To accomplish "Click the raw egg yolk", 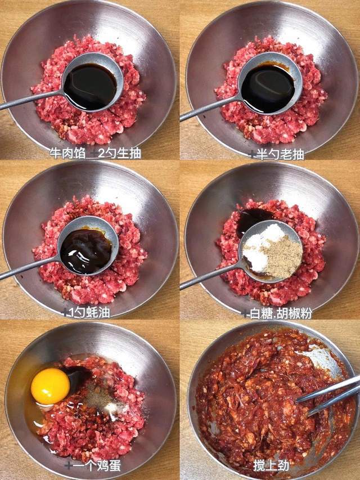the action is coord(50,386).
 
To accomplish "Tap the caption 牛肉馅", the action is coord(67,153).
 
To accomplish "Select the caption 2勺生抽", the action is coord(119,153).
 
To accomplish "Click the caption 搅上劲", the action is coord(271,465).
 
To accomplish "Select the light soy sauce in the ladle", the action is coord(91,86).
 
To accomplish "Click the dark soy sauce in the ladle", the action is coord(268,88).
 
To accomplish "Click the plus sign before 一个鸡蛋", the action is coord(68,465).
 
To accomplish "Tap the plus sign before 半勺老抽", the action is coord(253,154).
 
